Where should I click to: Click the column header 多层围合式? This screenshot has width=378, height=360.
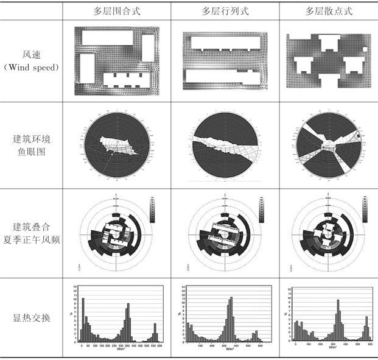pyautogui.click(x=116, y=11)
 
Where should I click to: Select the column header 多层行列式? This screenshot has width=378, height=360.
pyautogui.click(x=223, y=11)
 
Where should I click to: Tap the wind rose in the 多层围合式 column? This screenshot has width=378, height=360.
pyautogui.click(x=116, y=233)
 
